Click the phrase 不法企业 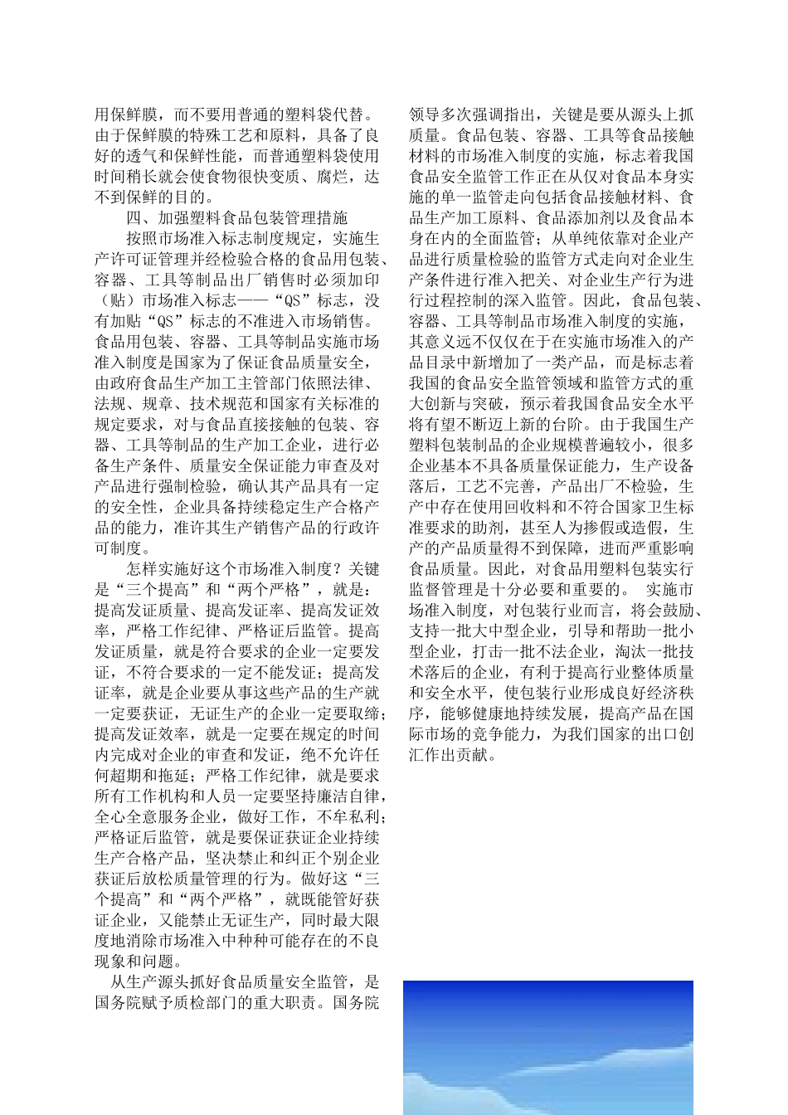click(588, 651)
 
